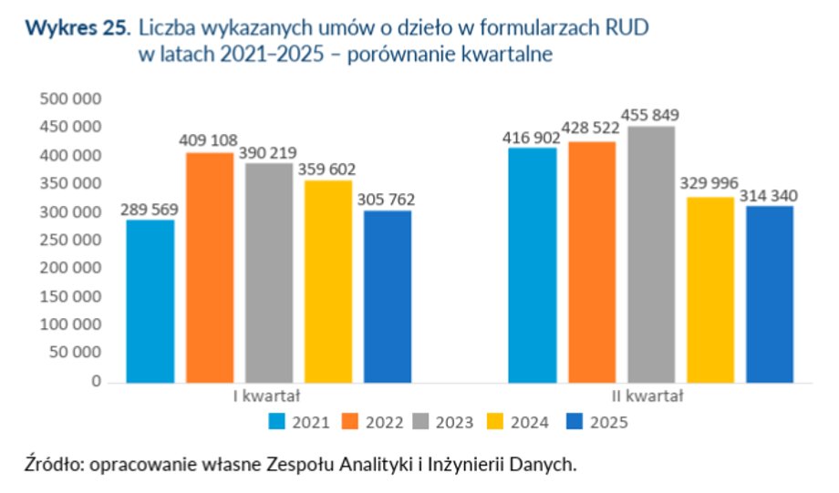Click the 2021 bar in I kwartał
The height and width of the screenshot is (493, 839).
(x=150, y=301)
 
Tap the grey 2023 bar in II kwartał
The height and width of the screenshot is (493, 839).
(x=651, y=254)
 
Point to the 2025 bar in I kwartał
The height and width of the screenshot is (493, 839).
(x=388, y=296)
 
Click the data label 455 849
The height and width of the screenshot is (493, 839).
(x=650, y=116)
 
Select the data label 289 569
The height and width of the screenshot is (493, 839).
(x=150, y=210)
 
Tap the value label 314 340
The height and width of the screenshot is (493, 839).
(x=770, y=196)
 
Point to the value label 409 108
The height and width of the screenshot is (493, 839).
(x=209, y=142)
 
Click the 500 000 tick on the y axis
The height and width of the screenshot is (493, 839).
(x=70, y=98)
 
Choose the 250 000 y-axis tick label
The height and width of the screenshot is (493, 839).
(x=70, y=241)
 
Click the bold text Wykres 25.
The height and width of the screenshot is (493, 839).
(x=78, y=28)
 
